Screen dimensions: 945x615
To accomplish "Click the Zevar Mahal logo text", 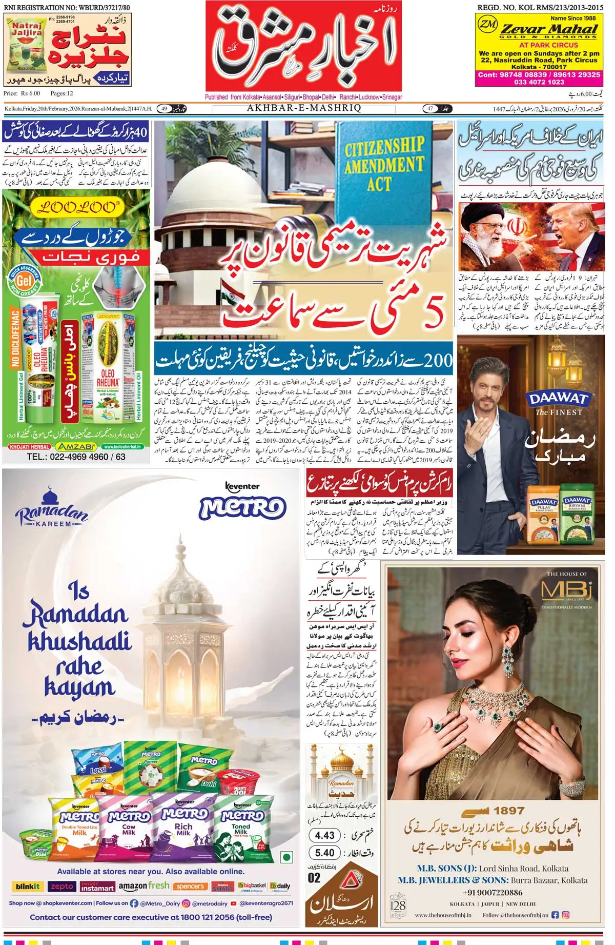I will (549, 29).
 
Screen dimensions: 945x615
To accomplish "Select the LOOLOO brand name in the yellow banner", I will (76, 207).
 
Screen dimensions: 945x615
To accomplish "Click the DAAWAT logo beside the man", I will (559, 399).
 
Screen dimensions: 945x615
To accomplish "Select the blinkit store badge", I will (28, 886).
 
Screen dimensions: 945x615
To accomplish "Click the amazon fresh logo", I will (144, 885).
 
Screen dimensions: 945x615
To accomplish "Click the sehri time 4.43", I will (324, 835).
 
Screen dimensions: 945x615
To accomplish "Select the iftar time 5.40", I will (324, 853).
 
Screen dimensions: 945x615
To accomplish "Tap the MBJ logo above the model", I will (566, 590).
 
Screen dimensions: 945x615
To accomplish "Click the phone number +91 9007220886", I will (493, 893).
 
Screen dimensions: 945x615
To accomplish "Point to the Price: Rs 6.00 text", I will (22, 93).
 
